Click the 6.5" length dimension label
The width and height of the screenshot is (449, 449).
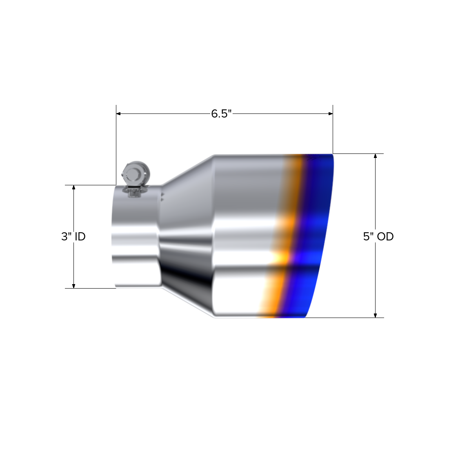coord(221,114)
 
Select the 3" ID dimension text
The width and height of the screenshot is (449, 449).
coord(73,236)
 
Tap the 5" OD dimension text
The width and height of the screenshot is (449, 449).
coord(378,236)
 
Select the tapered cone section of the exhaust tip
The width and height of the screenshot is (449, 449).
coord(188,237)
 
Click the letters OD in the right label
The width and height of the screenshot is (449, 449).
coord(385,236)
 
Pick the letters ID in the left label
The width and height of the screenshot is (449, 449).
coord(80,236)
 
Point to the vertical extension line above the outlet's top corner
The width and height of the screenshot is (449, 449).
coord(333,129)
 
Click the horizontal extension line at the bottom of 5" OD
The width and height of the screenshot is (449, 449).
coord(347,318)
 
